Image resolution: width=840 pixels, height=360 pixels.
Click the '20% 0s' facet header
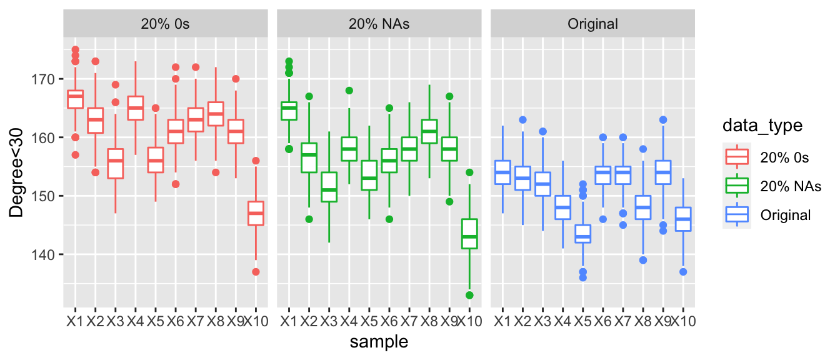click(x=166, y=25)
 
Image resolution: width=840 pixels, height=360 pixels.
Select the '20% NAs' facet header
click(x=379, y=25)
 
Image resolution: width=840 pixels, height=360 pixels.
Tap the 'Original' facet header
click(x=592, y=25)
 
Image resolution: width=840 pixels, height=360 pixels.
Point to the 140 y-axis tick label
click(x=45, y=254)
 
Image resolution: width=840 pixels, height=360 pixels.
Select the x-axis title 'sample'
click(x=379, y=341)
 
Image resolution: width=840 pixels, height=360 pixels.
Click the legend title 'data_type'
click(x=767, y=126)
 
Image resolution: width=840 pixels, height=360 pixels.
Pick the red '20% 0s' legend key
click(x=737, y=157)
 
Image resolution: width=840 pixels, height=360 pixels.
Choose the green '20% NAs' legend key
click(x=737, y=186)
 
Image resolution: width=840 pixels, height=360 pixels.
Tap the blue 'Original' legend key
click(x=737, y=215)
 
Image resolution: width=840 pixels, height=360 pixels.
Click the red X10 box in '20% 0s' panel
click(x=256, y=214)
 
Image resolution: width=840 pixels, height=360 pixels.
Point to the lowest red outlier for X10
click(x=256, y=272)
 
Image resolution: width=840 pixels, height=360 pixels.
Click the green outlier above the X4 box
click(x=349, y=91)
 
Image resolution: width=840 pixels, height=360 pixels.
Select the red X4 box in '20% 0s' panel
click(x=136, y=107)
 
